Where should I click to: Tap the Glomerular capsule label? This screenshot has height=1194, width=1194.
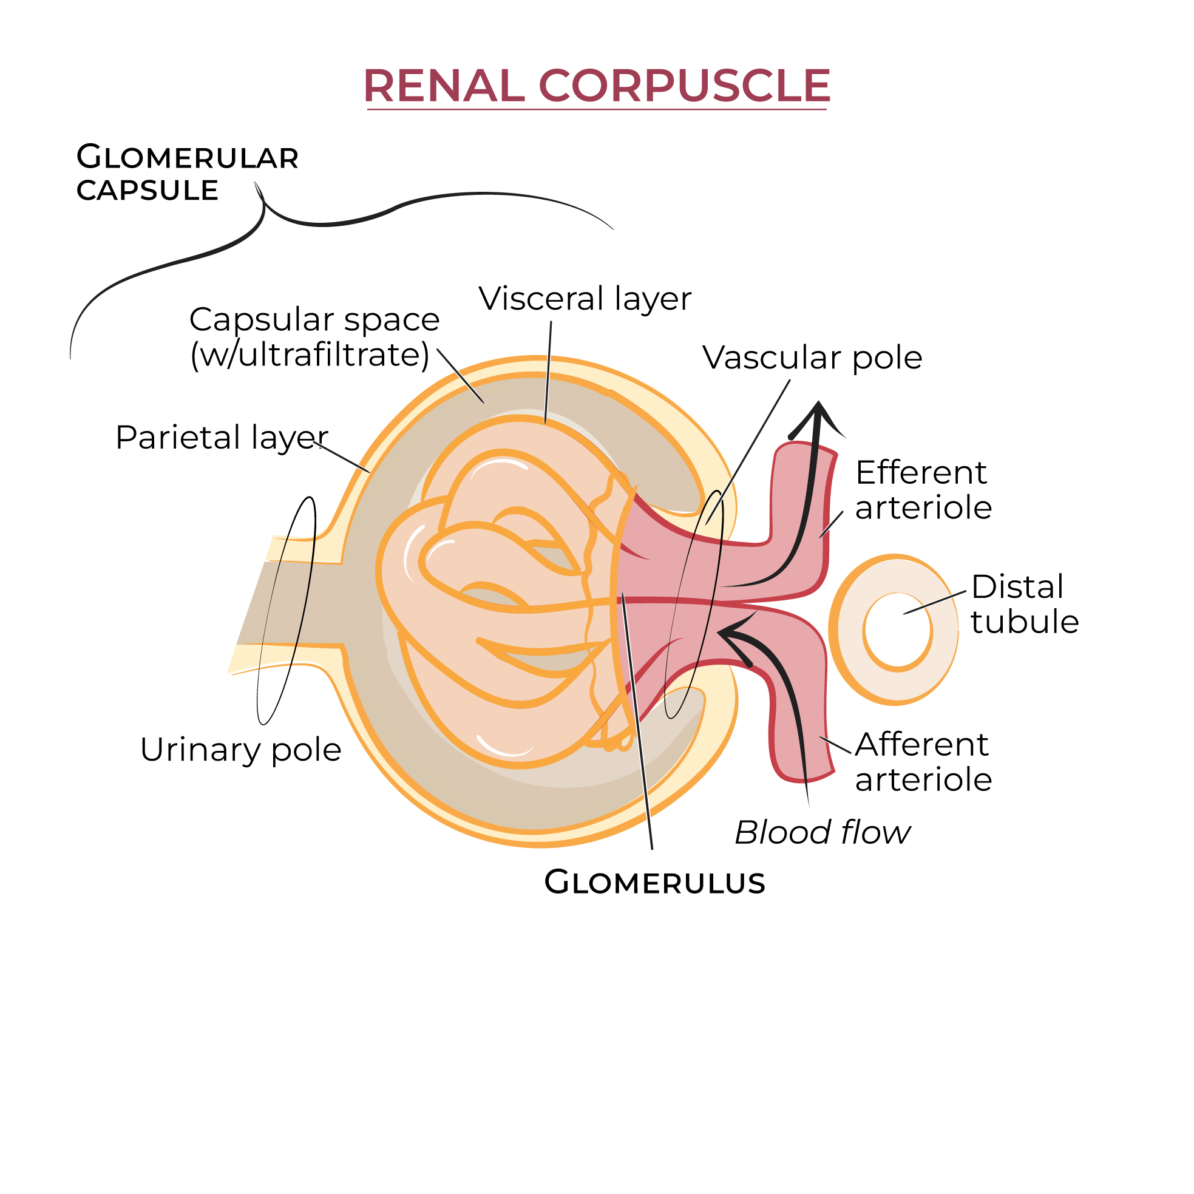(186, 174)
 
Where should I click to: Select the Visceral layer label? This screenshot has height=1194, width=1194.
(585, 299)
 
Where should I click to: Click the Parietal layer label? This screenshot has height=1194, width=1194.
(221, 438)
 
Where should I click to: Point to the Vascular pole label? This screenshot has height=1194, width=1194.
(812, 358)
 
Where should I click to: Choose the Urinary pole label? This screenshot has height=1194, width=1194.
(240, 750)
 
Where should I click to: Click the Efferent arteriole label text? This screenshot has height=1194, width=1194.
(923, 490)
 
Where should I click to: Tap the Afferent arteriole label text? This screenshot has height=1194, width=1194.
(923, 762)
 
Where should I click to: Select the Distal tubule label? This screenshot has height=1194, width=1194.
(1024, 604)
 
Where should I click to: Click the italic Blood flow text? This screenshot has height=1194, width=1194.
(823, 832)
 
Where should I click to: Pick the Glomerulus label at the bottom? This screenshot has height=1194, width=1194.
(654, 883)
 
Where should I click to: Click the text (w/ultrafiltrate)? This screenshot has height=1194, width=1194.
(310, 355)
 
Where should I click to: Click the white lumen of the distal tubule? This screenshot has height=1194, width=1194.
(897, 630)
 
